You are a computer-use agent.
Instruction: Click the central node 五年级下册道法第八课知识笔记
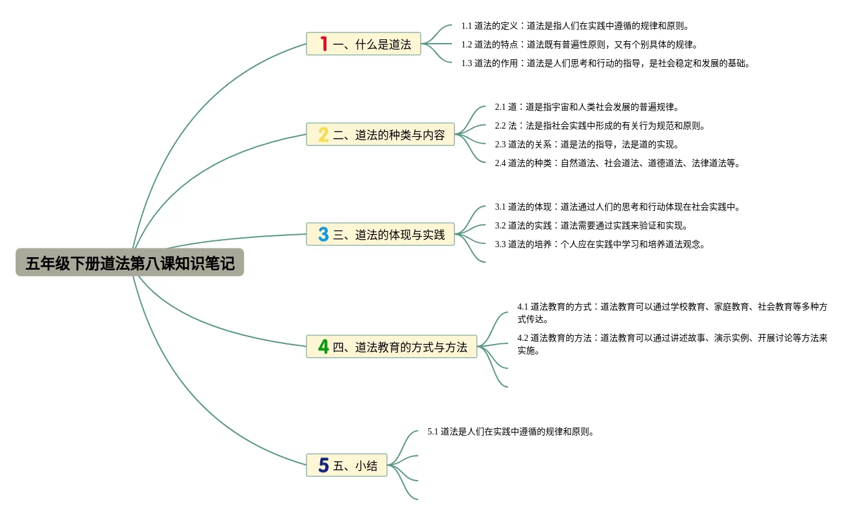pyautogui.click(x=130, y=263)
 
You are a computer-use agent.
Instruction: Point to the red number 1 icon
pyautogui.click(x=323, y=44)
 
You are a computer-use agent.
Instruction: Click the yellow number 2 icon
pyautogui.click(x=323, y=134)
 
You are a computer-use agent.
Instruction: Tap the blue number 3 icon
pyautogui.click(x=323, y=234)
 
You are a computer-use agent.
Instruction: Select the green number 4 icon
pyautogui.click(x=323, y=346)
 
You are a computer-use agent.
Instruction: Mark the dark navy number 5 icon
pyautogui.click(x=323, y=465)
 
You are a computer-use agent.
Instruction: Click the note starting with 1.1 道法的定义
pyautogui.click(x=575, y=26)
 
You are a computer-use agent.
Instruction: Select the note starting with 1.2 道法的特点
pyautogui.click(x=579, y=44)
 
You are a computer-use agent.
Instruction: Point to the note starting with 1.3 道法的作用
pyautogui.click(x=605, y=63)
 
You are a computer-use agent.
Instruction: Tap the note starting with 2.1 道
pyautogui.click(x=587, y=107)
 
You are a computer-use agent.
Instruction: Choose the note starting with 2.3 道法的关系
pyautogui.click(x=587, y=144)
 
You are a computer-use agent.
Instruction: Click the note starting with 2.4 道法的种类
pyautogui.click(x=617, y=163)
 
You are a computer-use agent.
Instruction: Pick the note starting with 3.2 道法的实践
pyautogui.click(x=591, y=225)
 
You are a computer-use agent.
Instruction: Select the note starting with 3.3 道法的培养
pyautogui.click(x=600, y=244)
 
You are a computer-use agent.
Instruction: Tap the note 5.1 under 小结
pyautogui.click(x=510, y=431)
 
